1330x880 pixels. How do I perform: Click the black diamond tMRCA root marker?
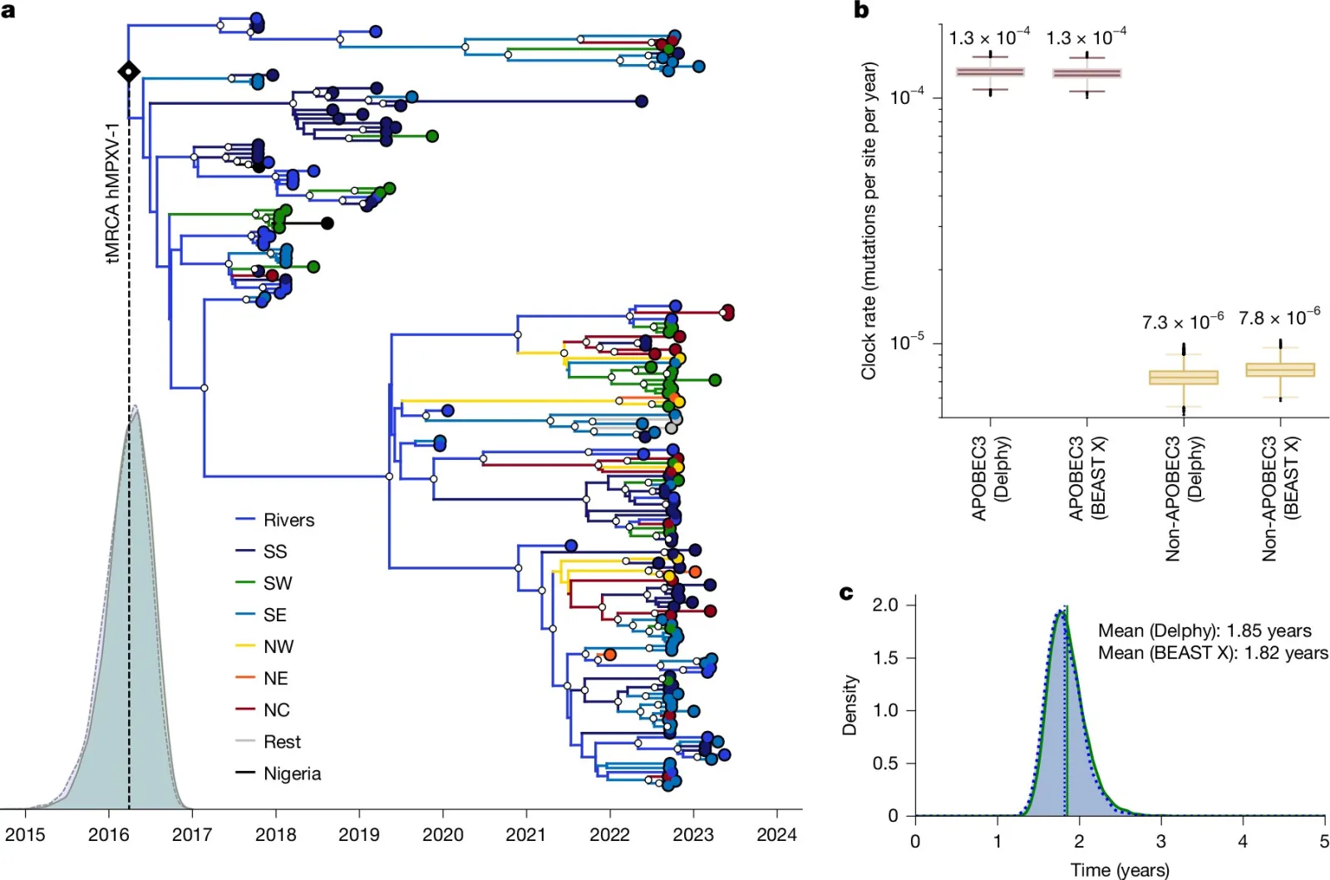click(x=129, y=72)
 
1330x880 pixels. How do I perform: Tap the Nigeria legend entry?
click(x=278, y=773)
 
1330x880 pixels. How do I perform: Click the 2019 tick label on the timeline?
click(x=358, y=835)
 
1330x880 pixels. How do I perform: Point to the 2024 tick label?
click(x=776, y=835)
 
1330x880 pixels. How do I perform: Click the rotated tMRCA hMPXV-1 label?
click(x=113, y=192)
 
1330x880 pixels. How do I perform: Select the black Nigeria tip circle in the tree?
click(x=328, y=224)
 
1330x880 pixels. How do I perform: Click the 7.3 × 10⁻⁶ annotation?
click(x=1183, y=321)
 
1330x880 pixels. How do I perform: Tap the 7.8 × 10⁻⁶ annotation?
click(x=1279, y=317)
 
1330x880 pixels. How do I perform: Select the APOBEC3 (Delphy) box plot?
click(x=990, y=72)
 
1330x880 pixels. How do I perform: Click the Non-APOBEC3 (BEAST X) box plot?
click(x=1280, y=370)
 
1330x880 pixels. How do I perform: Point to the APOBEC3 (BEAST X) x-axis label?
click(x=1086, y=479)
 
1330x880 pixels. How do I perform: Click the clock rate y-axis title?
click(x=868, y=220)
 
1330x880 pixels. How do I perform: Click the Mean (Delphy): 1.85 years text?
click(x=1204, y=630)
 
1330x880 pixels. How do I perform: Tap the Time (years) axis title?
click(x=1120, y=870)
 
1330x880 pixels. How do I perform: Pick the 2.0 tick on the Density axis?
click(x=885, y=605)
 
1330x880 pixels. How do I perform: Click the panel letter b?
click(x=861, y=10)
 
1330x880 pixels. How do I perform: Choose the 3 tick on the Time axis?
click(x=1160, y=841)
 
